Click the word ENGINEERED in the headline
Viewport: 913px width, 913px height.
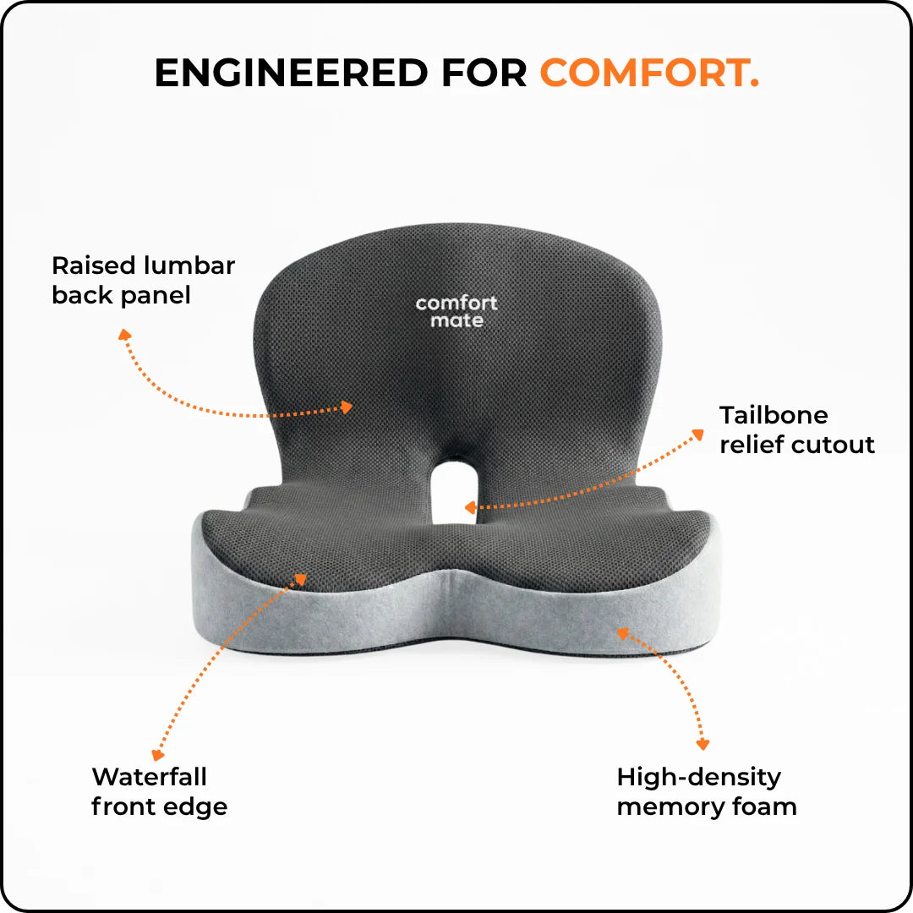coord(291,73)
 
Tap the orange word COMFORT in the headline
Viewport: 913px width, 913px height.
coord(643,73)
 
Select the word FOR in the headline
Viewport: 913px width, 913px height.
coord(484,73)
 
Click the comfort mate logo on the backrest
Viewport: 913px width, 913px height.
coord(456,311)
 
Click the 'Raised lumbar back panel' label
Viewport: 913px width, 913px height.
coord(143,280)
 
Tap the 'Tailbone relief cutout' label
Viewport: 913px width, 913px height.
coord(796,429)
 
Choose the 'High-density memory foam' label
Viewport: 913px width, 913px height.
coord(707,792)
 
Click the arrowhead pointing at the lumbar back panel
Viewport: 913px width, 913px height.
coord(347,407)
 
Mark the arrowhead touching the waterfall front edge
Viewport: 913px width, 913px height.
coord(300,579)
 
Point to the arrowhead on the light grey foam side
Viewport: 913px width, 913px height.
coord(623,633)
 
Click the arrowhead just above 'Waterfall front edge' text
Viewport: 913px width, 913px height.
coord(157,755)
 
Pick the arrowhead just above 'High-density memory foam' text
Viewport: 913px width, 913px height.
coord(703,744)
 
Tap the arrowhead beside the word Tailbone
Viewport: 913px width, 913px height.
coord(697,435)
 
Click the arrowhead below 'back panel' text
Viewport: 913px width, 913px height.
coord(124,335)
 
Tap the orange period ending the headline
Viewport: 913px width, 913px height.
coord(754,84)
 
